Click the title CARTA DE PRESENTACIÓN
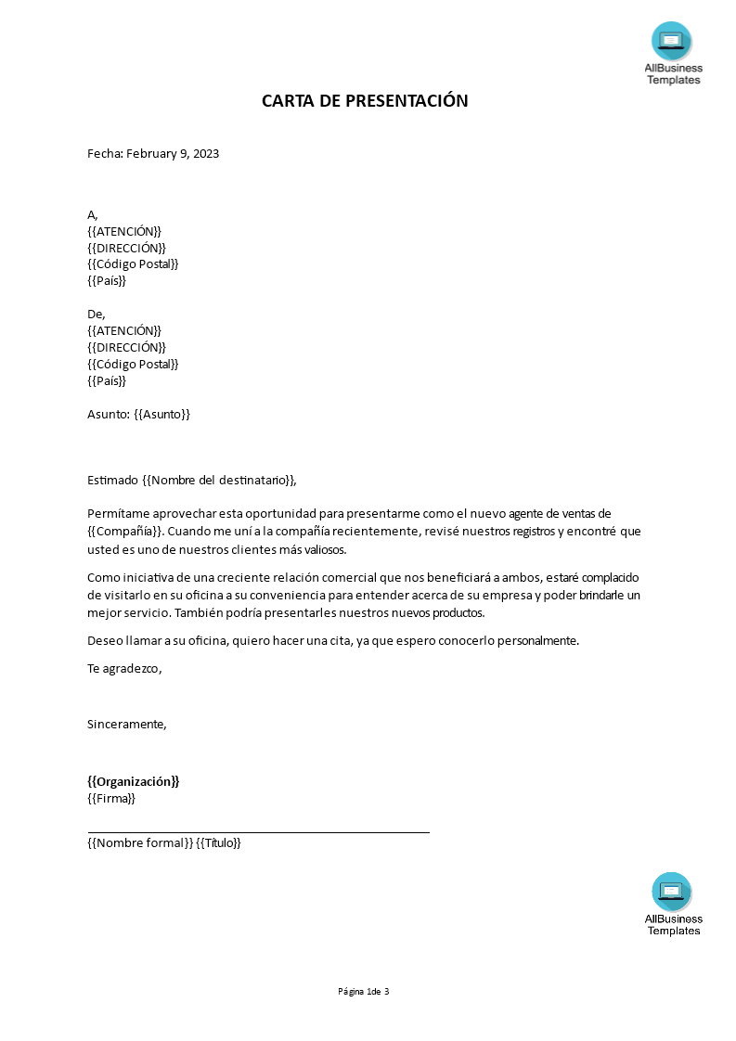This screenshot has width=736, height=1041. (365, 101)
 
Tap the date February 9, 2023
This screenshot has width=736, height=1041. (172, 154)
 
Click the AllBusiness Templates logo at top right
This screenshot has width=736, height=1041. (673, 53)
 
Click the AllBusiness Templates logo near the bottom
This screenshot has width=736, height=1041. (673, 904)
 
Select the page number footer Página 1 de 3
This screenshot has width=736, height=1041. (364, 991)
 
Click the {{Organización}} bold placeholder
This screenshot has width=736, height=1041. (133, 781)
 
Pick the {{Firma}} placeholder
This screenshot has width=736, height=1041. (111, 798)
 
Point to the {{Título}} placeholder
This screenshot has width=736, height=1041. (219, 842)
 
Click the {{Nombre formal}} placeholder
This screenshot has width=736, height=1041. (140, 842)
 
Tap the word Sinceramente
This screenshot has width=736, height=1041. (126, 724)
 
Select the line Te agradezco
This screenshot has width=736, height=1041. (123, 668)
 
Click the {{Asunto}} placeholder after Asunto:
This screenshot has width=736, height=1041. (161, 414)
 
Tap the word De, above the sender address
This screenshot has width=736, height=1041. (97, 314)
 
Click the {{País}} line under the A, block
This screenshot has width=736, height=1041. (107, 280)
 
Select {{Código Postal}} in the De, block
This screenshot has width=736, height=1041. (133, 364)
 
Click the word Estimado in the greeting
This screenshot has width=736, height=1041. (112, 480)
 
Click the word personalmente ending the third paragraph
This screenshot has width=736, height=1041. (534, 640)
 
